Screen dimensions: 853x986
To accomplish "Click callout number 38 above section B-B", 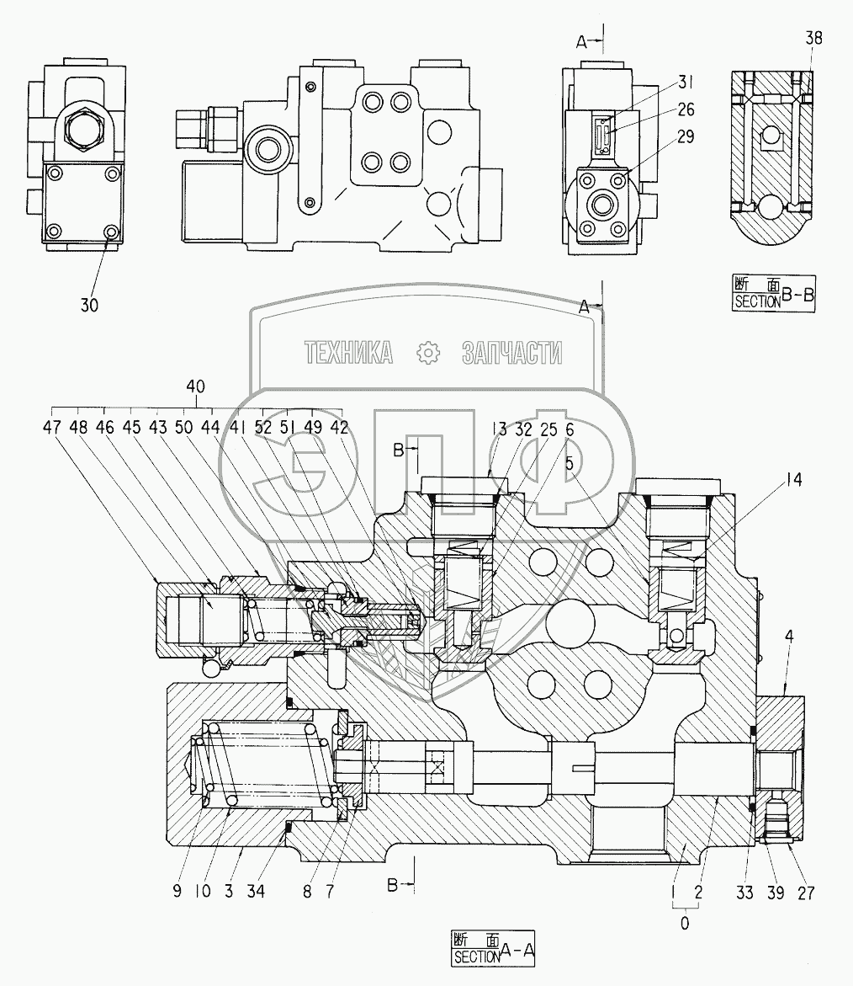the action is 813,39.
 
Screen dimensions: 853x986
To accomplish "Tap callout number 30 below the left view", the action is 89,305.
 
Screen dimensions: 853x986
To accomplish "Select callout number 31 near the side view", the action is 686,83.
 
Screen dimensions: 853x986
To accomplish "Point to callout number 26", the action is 686,109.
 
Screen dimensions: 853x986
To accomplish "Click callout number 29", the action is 686,136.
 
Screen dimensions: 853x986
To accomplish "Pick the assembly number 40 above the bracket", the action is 195,386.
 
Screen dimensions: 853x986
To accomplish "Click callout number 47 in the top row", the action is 51,428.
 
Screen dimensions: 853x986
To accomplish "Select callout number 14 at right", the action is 794,480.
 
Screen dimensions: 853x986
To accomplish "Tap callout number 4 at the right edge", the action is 789,637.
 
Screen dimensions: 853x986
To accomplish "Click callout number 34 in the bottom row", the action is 256,891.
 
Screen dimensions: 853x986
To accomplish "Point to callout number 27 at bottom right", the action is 806,893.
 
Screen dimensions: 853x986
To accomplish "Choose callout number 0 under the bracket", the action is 685,923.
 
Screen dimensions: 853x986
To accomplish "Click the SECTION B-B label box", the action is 774,294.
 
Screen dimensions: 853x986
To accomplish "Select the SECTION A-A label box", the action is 493,948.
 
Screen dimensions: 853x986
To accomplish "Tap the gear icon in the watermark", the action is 428,353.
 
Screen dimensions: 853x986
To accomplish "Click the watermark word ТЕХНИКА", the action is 348,353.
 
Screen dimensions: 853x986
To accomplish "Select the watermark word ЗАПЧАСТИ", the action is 512,353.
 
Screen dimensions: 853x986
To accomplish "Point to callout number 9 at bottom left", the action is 177,891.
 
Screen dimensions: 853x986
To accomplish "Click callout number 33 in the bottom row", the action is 744,893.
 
